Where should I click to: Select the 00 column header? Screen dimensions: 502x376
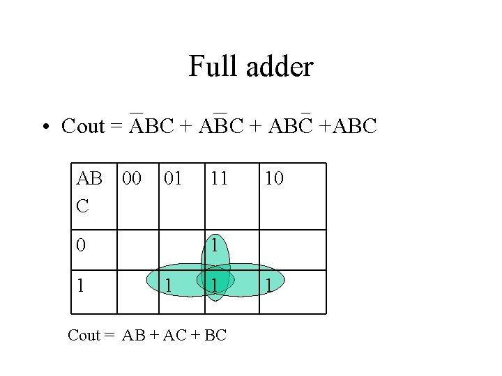[x=132, y=178]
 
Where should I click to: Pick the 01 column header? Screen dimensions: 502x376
[x=172, y=178]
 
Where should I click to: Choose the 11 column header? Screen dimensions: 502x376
[x=219, y=178]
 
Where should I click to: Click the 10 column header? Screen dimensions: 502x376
[x=274, y=178]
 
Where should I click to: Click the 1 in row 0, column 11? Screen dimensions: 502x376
[x=215, y=245]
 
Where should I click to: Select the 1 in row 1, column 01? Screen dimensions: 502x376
[x=167, y=284]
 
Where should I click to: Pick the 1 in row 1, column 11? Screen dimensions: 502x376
[x=215, y=284]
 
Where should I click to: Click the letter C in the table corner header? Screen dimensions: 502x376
[x=82, y=206]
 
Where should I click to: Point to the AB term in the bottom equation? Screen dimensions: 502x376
[x=132, y=335]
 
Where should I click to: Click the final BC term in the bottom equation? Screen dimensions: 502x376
[x=215, y=335]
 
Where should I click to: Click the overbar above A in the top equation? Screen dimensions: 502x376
[x=137, y=111]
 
